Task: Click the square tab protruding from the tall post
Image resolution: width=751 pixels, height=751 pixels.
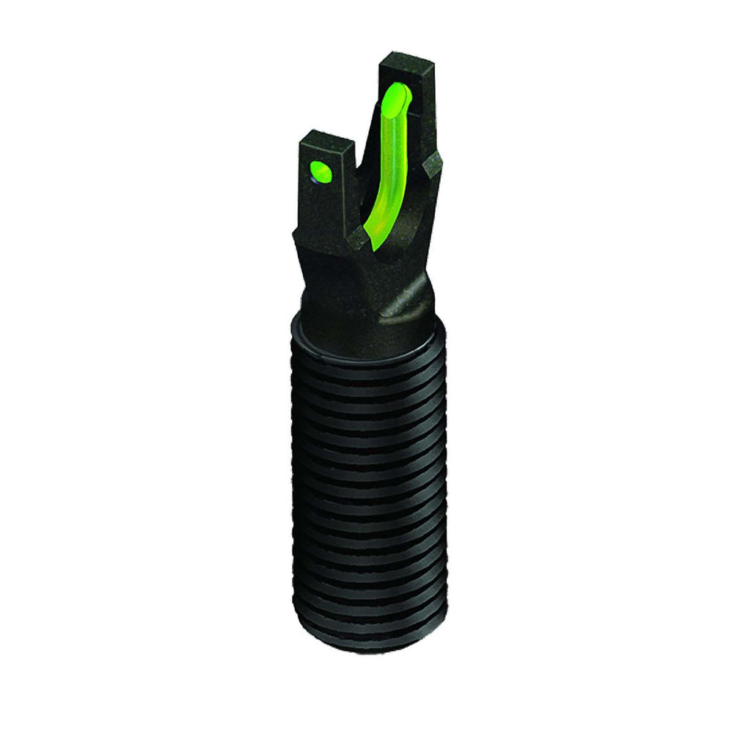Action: [x=434, y=166]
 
